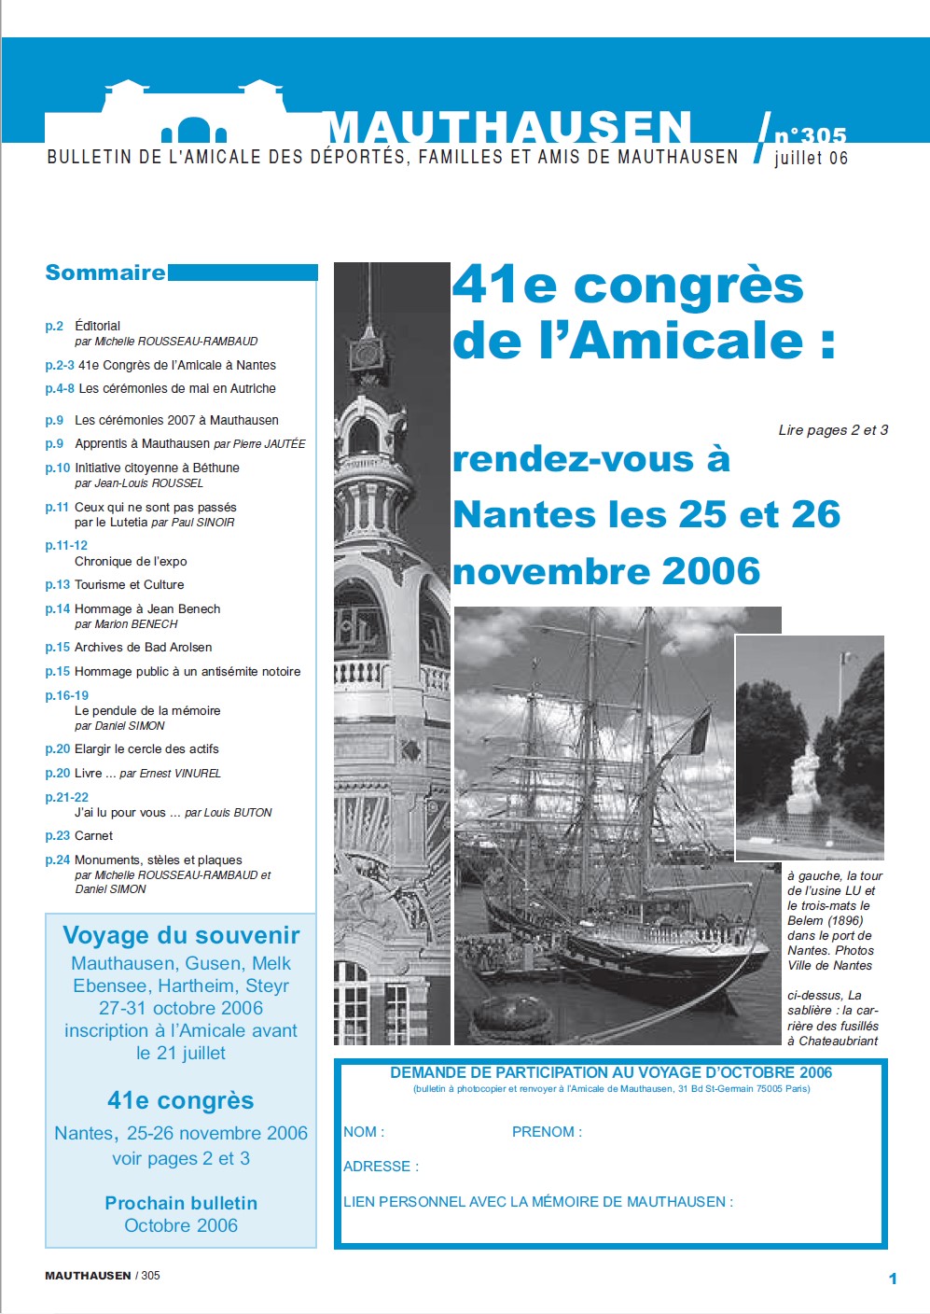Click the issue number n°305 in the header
point(810,136)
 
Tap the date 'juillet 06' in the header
point(811,158)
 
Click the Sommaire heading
point(105,273)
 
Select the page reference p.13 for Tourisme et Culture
point(58,584)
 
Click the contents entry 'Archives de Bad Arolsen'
point(143,647)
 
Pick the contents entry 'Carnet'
point(93,835)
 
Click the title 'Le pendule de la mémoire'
point(147,710)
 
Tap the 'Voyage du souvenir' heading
point(181,935)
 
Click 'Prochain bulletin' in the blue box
point(181,1203)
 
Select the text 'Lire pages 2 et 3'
point(833,430)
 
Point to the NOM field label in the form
point(363,1132)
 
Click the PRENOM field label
point(547,1132)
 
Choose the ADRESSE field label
point(381,1167)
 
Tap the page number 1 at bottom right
point(893,1279)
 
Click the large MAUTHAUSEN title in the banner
point(508,128)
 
